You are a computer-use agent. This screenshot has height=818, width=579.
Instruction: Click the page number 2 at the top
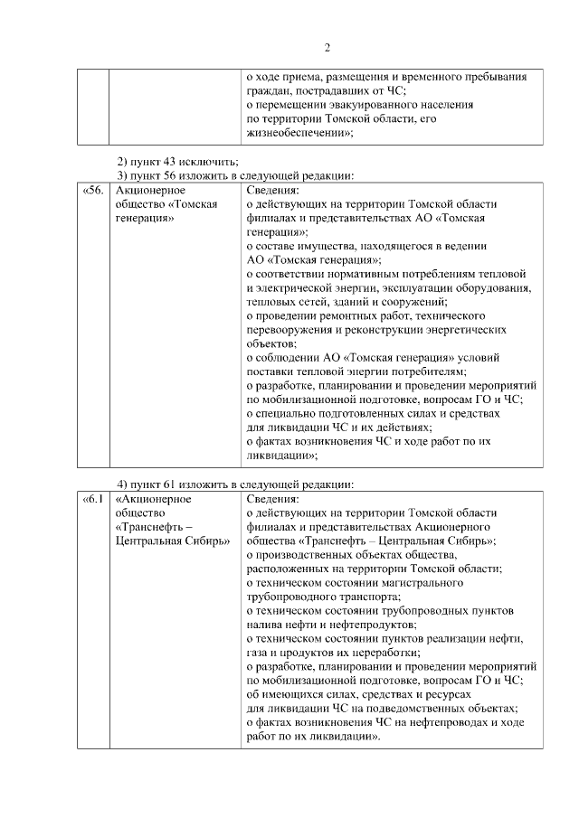pos(327,48)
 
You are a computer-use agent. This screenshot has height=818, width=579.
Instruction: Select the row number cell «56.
pos(93,191)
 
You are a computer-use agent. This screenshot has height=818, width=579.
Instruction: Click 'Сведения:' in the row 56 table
pos(272,191)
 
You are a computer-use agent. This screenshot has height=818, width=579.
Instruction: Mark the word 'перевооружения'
pos(290,330)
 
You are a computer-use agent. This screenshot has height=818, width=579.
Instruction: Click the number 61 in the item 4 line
pos(173,483)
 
